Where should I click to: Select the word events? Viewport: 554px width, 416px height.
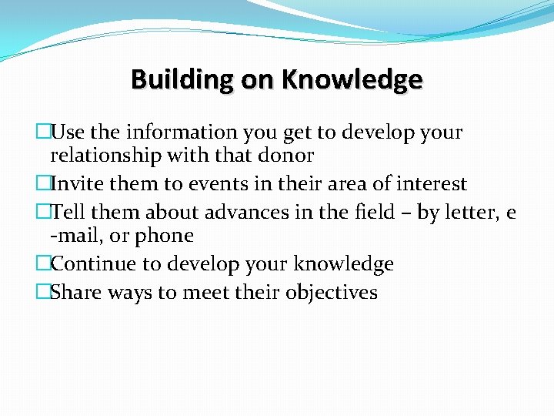tap(212, 184)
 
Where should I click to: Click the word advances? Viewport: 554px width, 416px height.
tap(228, 212)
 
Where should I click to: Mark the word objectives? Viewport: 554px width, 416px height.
tap(332, 292)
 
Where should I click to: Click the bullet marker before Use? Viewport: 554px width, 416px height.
tap(43, 132)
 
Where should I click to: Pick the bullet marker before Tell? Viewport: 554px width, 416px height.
tap(43, 212)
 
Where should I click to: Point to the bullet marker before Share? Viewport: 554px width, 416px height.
tap(43, 292)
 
